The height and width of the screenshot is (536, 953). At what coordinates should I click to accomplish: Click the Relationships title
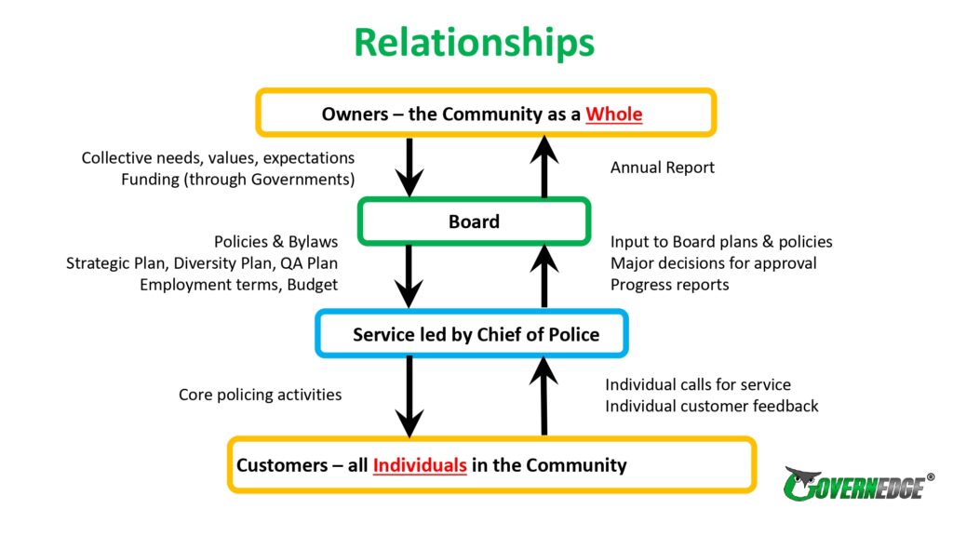coord(474,43)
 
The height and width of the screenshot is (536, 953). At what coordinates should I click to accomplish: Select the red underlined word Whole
coord(614,114)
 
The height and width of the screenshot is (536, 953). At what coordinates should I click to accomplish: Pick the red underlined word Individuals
coord(420,465)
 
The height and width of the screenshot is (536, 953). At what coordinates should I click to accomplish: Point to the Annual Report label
coord(663,167)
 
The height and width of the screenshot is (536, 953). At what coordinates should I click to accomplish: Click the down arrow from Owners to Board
coord(409,167)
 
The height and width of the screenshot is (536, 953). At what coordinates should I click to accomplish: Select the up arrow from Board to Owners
coord(544,166)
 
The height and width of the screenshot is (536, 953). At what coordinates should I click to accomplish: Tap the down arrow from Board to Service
coord(409,276)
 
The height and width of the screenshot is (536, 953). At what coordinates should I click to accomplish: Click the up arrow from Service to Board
coord(544,275)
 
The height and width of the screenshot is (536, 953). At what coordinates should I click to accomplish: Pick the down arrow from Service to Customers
coord(409,396)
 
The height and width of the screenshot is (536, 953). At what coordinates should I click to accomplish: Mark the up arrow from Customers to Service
coord(544,395)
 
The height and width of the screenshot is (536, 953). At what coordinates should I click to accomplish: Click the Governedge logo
coord(858,484)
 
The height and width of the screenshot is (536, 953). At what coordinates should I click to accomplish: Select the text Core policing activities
coord(261,395)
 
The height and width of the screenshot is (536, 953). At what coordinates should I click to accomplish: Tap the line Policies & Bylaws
coord(275,242)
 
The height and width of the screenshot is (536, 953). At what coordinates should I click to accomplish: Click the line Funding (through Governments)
coord(237,180)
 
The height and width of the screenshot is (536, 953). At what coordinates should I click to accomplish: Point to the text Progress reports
coord(670,285)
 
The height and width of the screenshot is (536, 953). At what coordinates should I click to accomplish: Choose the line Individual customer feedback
coord(712,406)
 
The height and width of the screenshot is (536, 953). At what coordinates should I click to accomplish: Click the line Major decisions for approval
coord(714,263)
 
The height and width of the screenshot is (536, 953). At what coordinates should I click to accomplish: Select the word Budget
coord(313,285)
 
